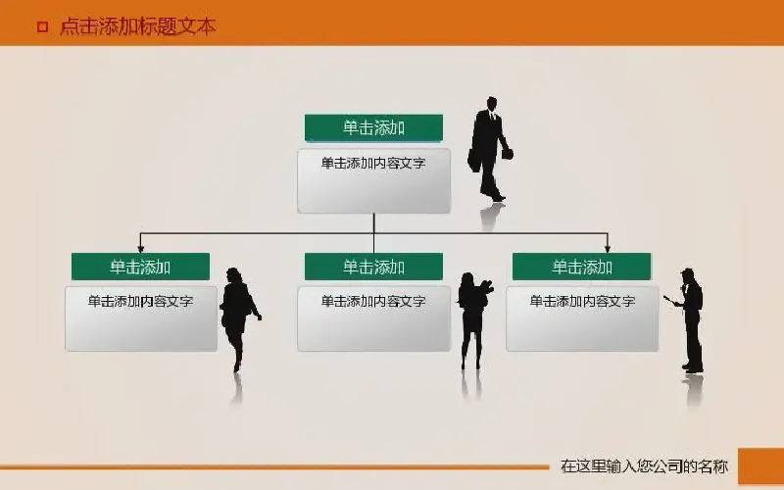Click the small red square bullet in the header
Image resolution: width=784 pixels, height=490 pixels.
pyautogui.click(x=43, y=26)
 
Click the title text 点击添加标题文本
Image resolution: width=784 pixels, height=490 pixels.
pyautogui.click(x=137, y=26)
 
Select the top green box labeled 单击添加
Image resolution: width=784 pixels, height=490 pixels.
pyautogui.click(x=373, y=128)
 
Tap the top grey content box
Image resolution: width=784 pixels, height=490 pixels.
pyautogui.click(x=373, y=180)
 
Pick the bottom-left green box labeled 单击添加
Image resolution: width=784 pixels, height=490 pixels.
pyautogui.click(x=140, y=267)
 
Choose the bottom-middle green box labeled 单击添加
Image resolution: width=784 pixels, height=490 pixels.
pyautogui.click(x=373, y=267)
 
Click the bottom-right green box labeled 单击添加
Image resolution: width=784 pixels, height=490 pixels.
pyautogui.click(x=581, y=267)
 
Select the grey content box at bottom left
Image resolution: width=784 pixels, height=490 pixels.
pyautogui.click(x=141, y=318)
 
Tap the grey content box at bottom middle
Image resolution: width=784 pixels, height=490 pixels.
pyautogui.click(x=373, y=318)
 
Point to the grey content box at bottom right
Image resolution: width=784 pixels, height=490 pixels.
pyautogui.click(x=582, y=318)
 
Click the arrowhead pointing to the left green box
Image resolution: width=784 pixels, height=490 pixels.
pyautogui.click(x=140, y=249)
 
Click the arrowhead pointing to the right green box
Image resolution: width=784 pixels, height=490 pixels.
pyautogui.click(x=607, y=249)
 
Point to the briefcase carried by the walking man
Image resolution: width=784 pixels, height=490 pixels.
pyautogui.click(x=473, y=160)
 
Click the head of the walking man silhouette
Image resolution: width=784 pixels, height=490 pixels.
pyautogui.click(x=492, y=104)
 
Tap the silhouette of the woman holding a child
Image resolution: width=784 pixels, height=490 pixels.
pyautogui.click(x=474, y=320)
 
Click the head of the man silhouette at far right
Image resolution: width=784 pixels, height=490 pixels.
pyautogui.click(x=687, y=275)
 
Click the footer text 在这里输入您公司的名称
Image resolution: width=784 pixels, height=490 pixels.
pyautogui.click(x=644, y=466)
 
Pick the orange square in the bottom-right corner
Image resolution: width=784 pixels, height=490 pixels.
pyautogui.click(x=761, y=466)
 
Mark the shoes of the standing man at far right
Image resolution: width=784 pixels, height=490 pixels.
pyautogui.click(x=693, y=368)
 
